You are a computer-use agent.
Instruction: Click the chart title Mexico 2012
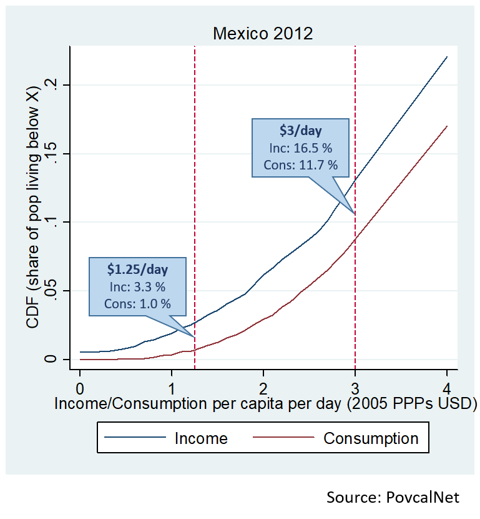(x=263, y=33)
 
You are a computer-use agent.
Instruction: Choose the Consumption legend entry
(x=371, y=438)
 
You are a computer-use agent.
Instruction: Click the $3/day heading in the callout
(x=300, y=131)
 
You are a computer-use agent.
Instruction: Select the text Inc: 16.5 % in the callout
(x=300, y=149)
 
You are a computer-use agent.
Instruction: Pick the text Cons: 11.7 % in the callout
(x=300, y=165)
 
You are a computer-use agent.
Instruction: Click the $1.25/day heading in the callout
(x=137, y=270)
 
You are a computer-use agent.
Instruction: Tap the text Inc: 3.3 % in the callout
(x=137, y=288)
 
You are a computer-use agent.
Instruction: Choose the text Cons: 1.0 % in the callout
(x=137, y=305)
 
